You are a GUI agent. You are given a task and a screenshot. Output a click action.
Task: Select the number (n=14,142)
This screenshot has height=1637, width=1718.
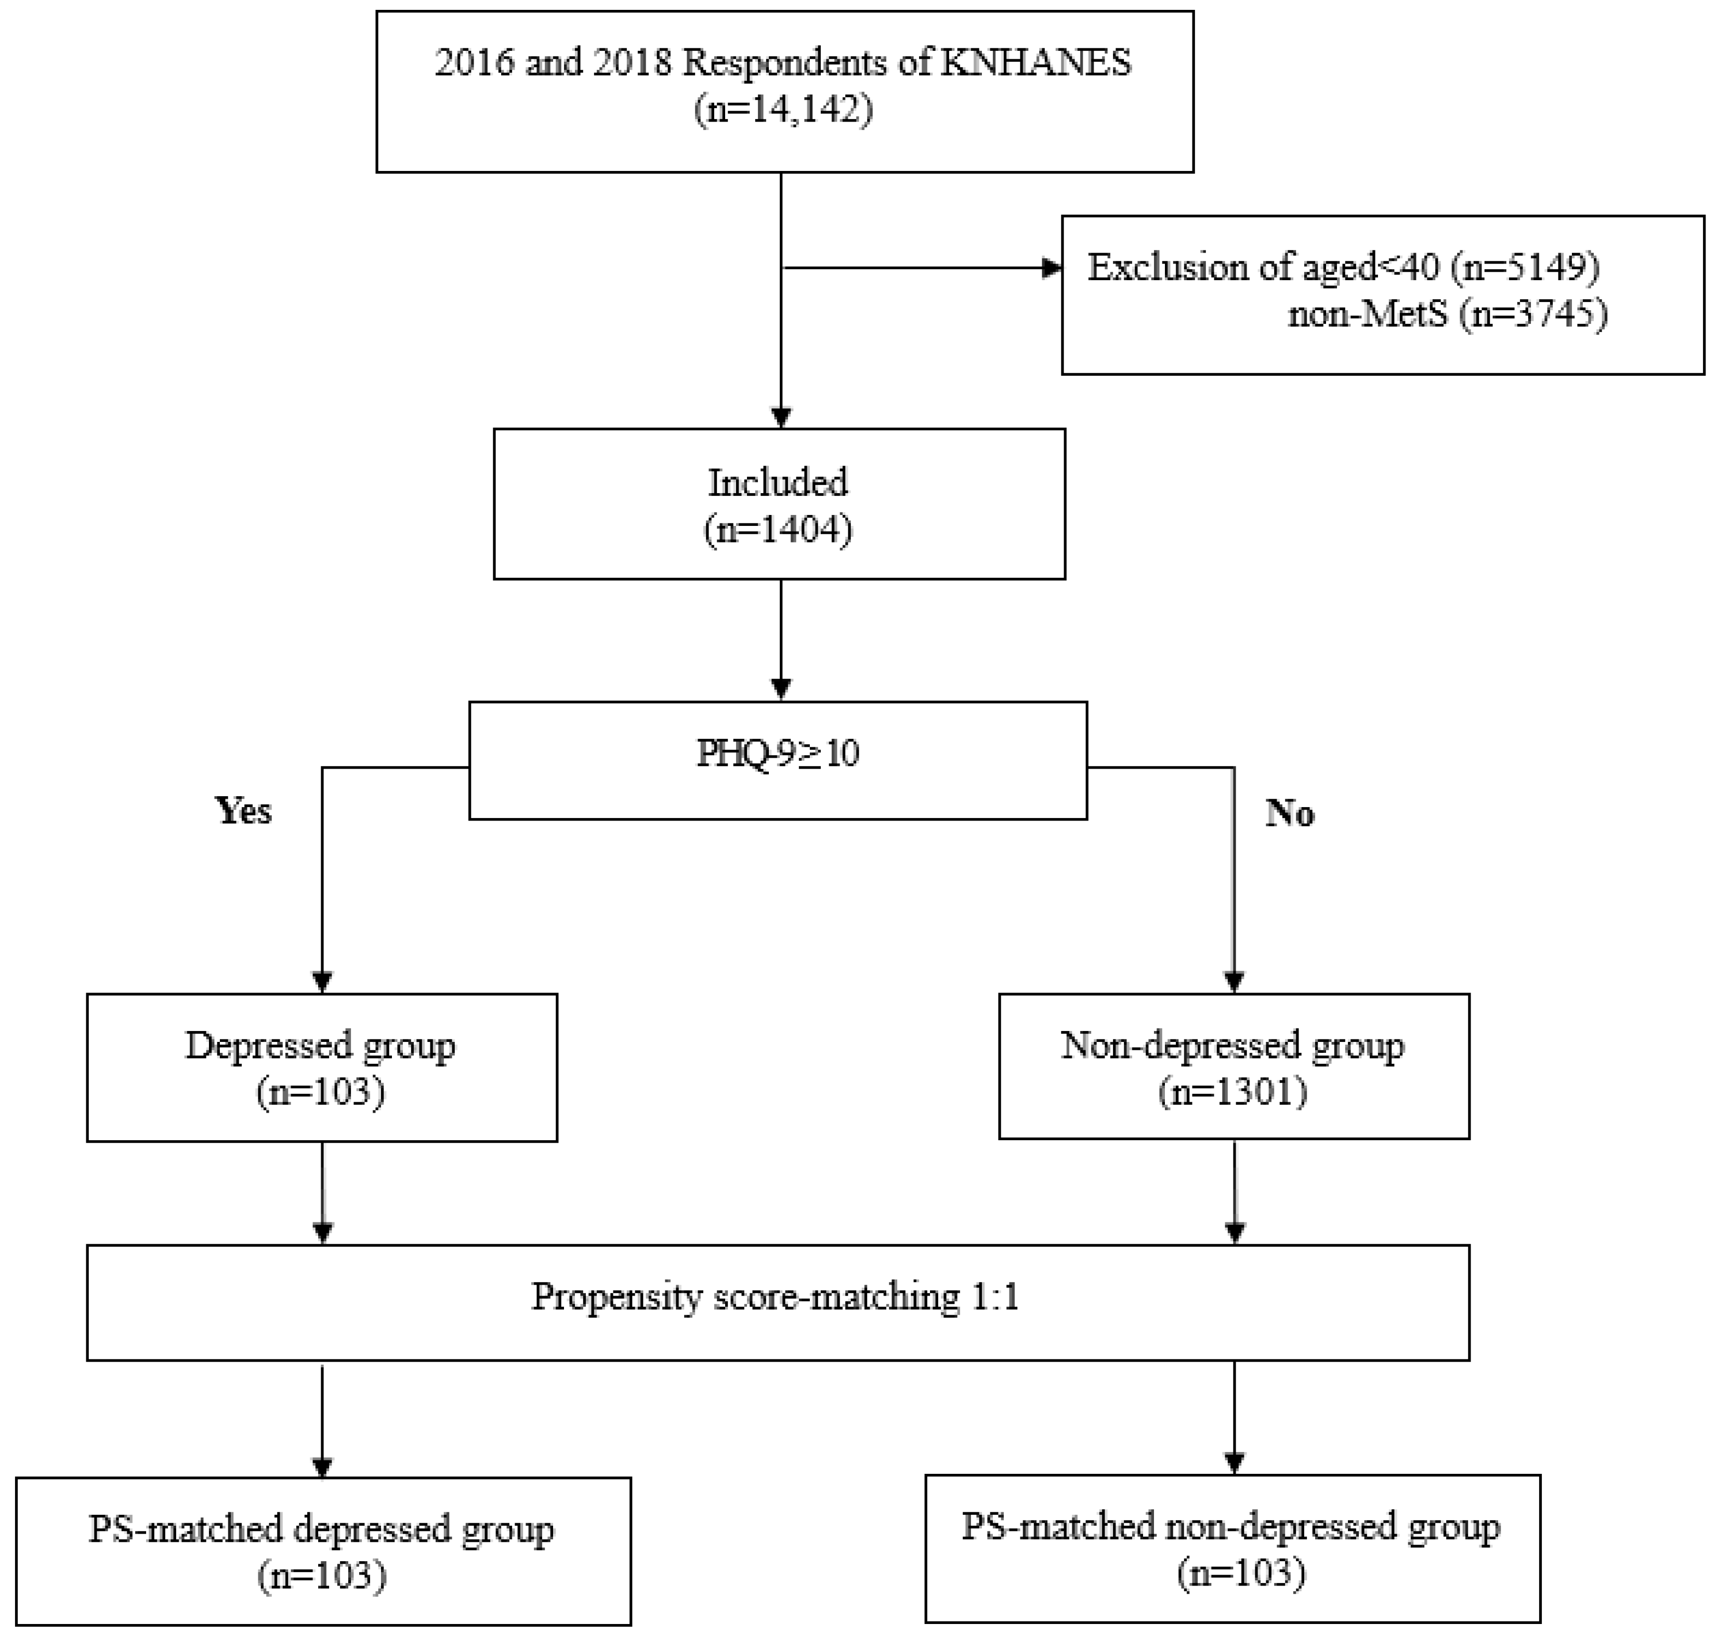783,111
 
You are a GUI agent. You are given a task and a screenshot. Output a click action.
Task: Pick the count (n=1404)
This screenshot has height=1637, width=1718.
778,530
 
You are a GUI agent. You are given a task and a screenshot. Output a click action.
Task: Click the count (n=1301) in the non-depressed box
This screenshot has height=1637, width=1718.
1232,1092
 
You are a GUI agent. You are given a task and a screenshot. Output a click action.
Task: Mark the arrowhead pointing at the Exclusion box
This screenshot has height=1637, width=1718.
1052,268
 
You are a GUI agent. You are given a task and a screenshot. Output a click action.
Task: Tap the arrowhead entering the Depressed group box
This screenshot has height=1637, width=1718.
322,983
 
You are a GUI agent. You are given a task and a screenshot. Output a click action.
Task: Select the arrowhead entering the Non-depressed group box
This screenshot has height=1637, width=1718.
1234,983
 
